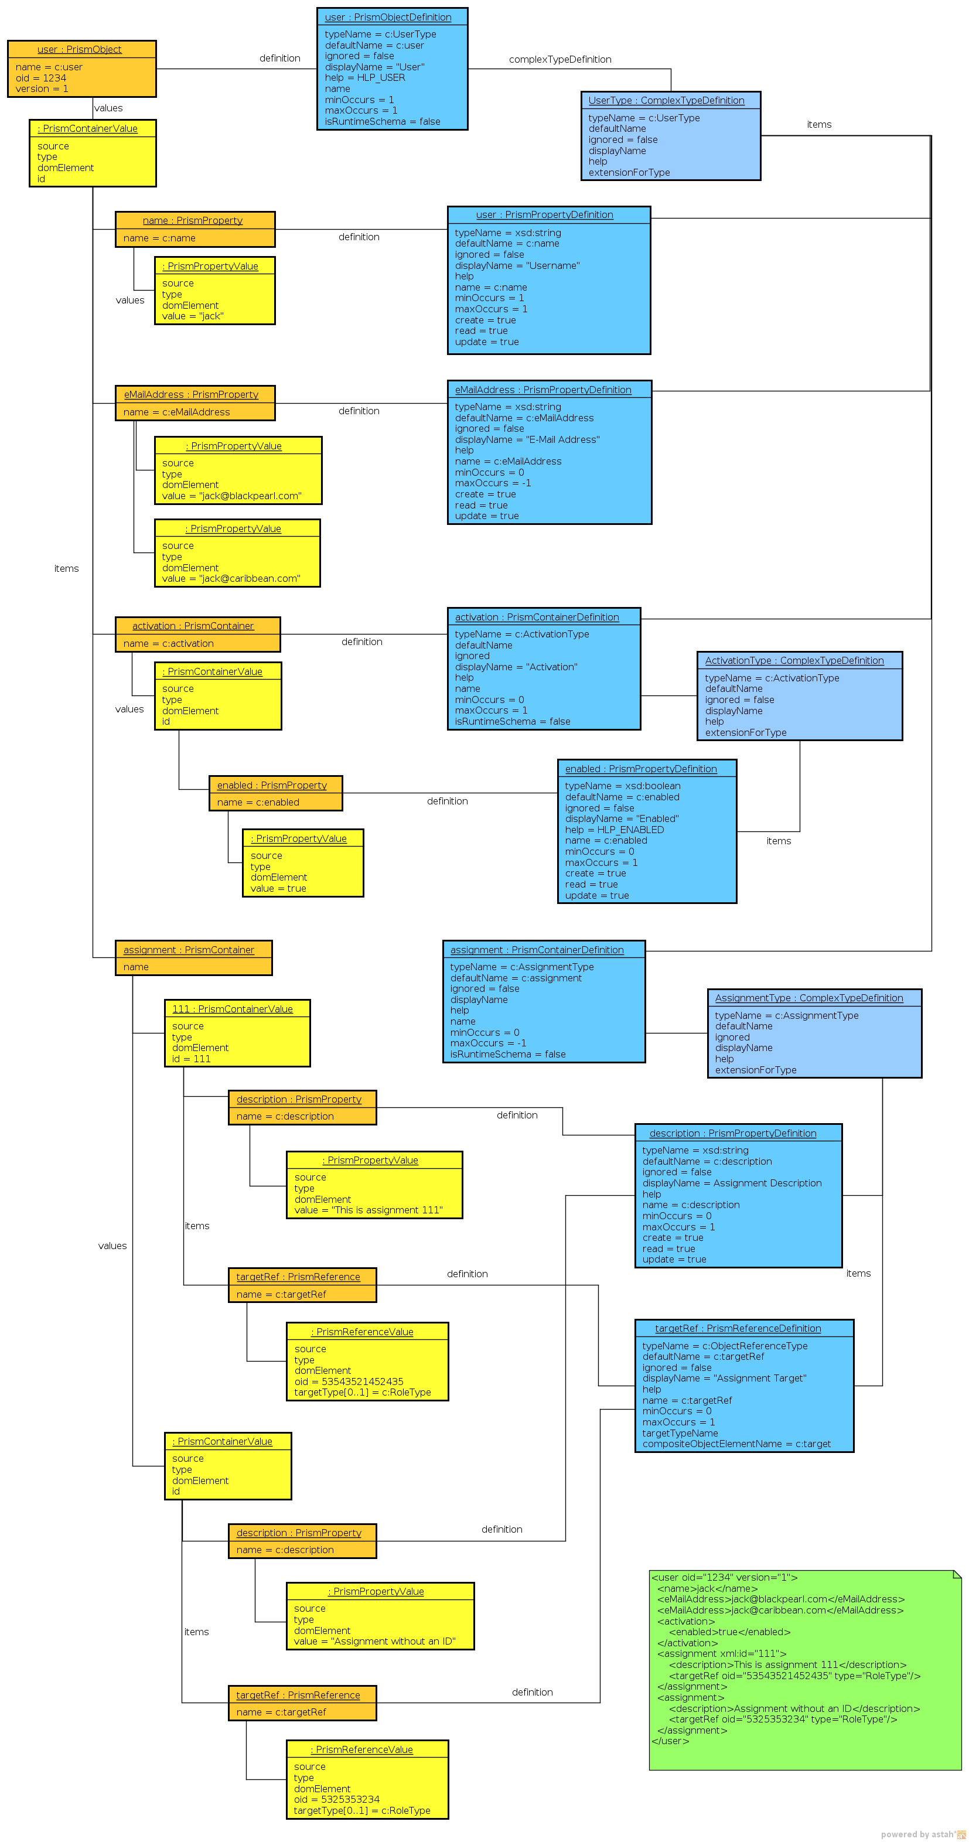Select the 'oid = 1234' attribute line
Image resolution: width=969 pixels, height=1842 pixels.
(41, 78)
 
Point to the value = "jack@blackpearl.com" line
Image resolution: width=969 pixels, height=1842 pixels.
(231, 496)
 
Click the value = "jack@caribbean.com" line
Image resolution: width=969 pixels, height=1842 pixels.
(230, 578)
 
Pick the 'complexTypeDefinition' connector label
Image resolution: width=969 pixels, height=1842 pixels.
(559, 59)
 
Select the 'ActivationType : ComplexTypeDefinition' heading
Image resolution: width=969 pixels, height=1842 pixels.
(794, 661)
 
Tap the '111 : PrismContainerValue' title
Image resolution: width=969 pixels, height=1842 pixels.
(233, 1009)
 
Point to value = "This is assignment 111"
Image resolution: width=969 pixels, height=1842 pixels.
(369, 1210)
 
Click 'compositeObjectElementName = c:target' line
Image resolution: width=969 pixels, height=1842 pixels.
(736, 1444)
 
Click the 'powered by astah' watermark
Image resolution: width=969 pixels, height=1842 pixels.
(921, 1834)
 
